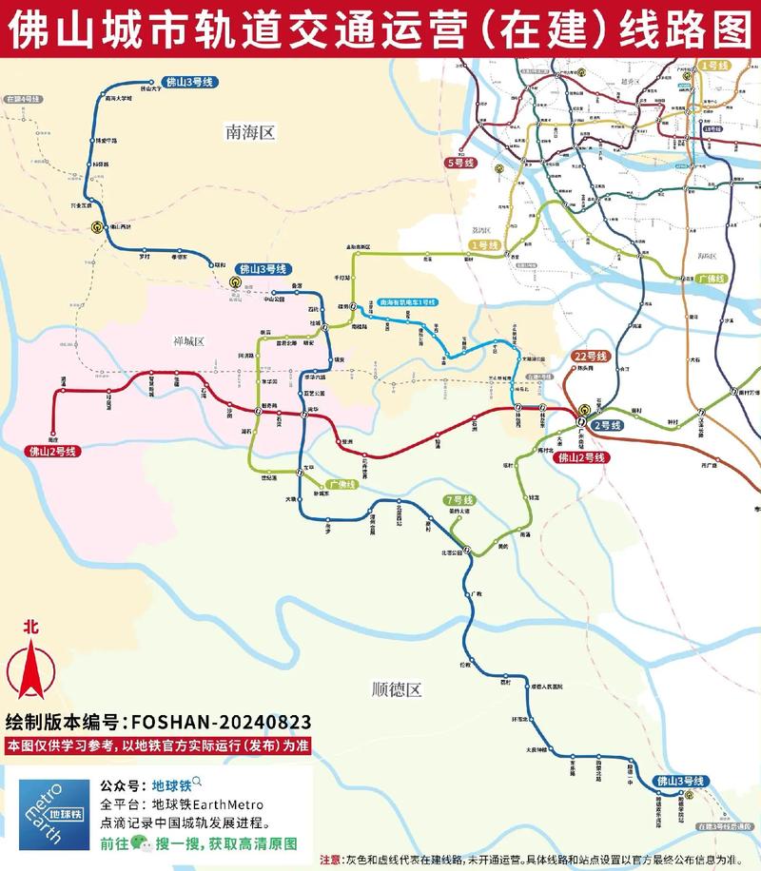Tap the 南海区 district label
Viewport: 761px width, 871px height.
(250, 133)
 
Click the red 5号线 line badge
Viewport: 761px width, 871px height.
(459, 164)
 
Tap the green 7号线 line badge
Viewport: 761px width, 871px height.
(460, 500)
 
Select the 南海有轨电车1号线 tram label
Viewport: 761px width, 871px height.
(406, 301)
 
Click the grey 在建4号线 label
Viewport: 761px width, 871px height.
(23, 99)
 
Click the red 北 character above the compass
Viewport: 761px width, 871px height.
(30, 626)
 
